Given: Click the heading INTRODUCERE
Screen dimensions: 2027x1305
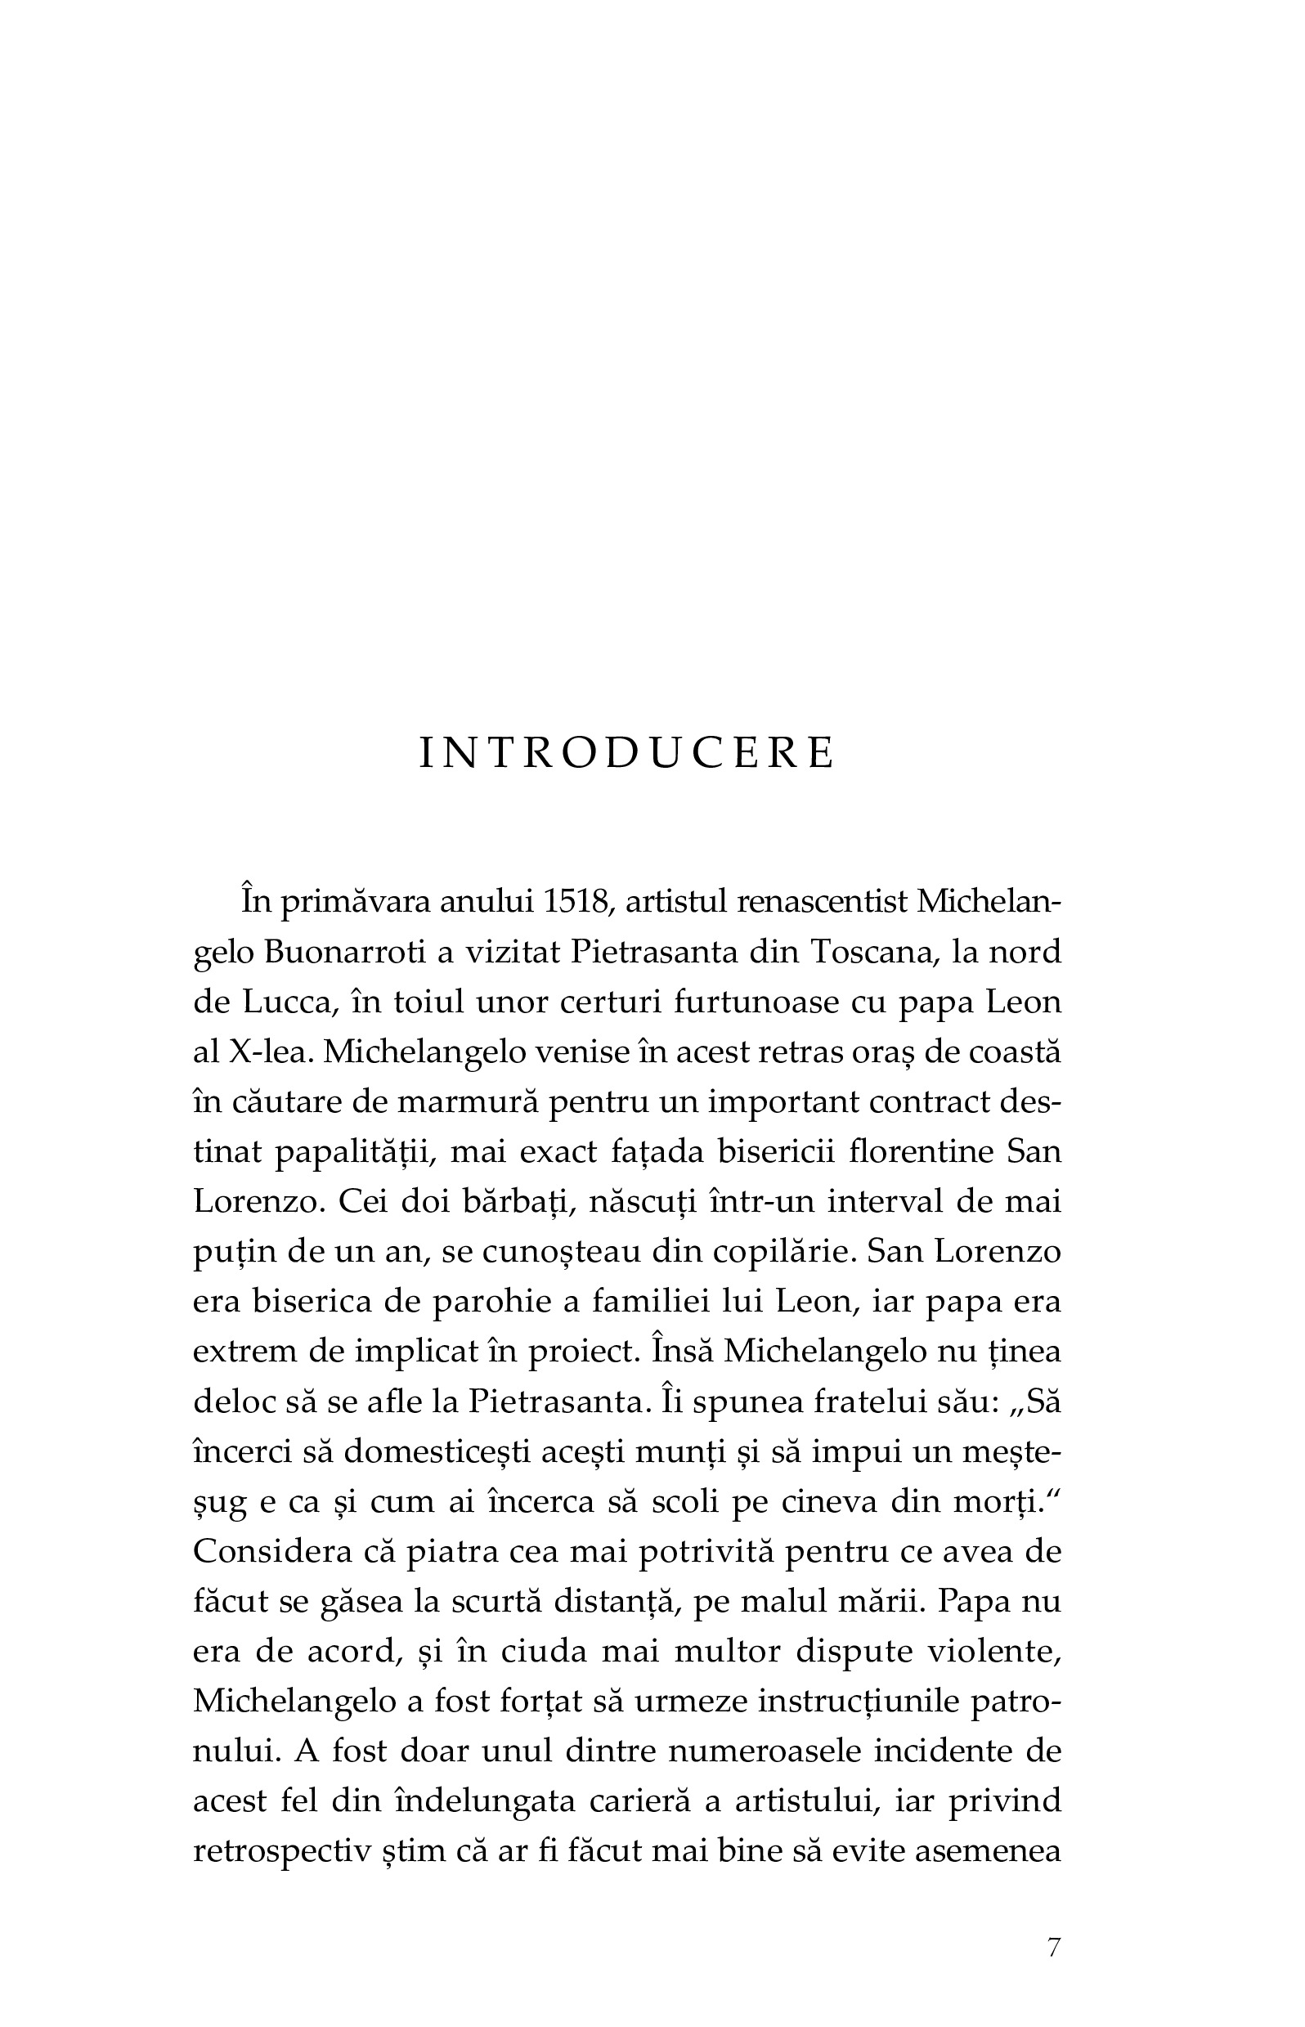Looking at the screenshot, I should click(x=627, y=753).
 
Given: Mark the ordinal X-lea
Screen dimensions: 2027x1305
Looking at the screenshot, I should click(x=265, y=1052).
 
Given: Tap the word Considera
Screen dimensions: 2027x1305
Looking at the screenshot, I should click(x=273, y=1552).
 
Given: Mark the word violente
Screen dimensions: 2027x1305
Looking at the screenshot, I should click(x=986, y=1652).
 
